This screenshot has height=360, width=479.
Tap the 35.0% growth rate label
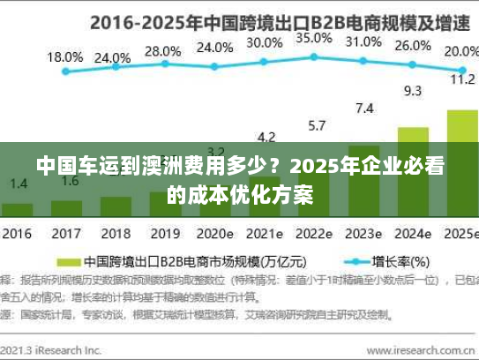tap(314, 38)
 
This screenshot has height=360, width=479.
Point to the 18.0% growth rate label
tap(64, 56)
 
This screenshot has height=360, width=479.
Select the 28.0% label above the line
tap(162, 51)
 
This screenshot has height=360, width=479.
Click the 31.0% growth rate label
tap(364, 41)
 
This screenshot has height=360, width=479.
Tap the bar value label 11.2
tap(462, 79)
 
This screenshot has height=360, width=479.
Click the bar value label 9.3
tap(412, 90)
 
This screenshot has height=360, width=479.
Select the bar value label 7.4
tap(364, 108)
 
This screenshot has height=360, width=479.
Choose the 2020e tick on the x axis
tap(214, 235)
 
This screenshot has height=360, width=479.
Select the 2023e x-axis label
tap(363, 235)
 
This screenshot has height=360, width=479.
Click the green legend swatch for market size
tap(69, 262)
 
